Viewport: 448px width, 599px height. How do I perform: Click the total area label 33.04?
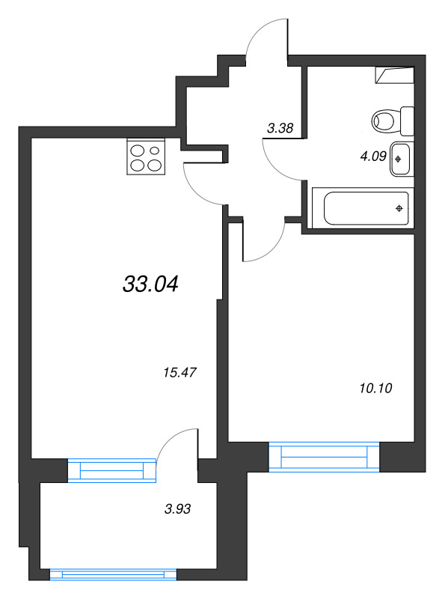coord(150,285)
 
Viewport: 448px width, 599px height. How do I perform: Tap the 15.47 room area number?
coord(179,372)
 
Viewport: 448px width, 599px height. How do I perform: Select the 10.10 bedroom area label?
coord(375,388)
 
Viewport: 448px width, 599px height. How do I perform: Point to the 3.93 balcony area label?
coord(177,509)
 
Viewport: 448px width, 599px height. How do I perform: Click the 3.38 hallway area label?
coord(280,128)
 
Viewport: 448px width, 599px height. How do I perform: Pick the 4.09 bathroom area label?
coord(373,156)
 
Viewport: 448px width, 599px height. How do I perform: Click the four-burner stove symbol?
coord(146,156)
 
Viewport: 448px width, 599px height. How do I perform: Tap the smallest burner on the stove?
coord(155,150)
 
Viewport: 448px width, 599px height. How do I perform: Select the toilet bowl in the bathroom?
coord(383,121)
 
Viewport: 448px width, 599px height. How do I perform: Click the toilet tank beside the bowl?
coord(407,121)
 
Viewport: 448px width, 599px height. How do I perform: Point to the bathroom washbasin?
coord(400,159)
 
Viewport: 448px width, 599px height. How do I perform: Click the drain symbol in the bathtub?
coord(399,208)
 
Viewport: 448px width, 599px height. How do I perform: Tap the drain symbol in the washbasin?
coord(398,159)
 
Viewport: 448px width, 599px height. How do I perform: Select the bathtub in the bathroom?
coord(363,208)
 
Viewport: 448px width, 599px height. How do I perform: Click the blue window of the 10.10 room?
coord(325,457)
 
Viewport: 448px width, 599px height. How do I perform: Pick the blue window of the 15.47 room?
coord(112,470)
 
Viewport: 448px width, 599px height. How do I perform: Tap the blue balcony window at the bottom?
coord(114,574)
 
